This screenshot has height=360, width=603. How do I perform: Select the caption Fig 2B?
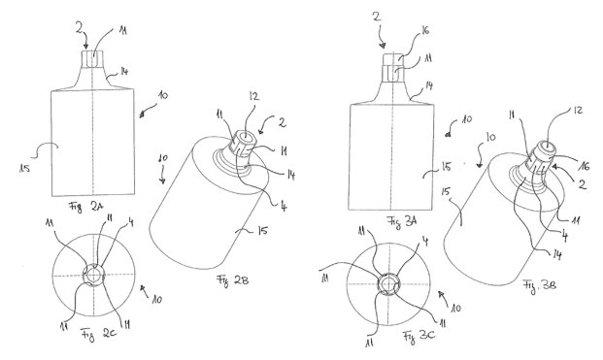coord(233,279)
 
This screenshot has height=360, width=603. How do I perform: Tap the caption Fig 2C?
coord(99,334)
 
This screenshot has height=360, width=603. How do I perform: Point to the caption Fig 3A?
coord(402,221)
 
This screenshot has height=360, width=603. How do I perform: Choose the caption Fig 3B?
coord(539,285)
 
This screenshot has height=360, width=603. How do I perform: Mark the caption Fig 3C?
coord(419,337)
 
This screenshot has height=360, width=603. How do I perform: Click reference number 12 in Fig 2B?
coord(253,96)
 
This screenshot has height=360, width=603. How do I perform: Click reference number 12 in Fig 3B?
coord(578,111)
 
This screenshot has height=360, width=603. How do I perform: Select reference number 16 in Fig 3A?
coord(424,29)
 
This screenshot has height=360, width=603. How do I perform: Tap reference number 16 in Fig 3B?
coord(584,166)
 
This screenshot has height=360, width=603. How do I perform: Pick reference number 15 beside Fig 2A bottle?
coord(24,168)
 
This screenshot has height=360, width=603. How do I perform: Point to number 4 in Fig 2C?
coord(131,222)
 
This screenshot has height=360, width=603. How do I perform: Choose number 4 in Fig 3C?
coord(425,242)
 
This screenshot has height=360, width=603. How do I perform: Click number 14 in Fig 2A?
coord(124,71)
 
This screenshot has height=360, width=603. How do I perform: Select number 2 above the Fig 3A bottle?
coord(377,16)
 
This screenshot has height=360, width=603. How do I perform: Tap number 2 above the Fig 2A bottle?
coord(80,28)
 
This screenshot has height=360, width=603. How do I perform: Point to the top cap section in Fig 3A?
coord(392,59)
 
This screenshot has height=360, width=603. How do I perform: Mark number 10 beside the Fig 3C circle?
coord(455,308)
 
